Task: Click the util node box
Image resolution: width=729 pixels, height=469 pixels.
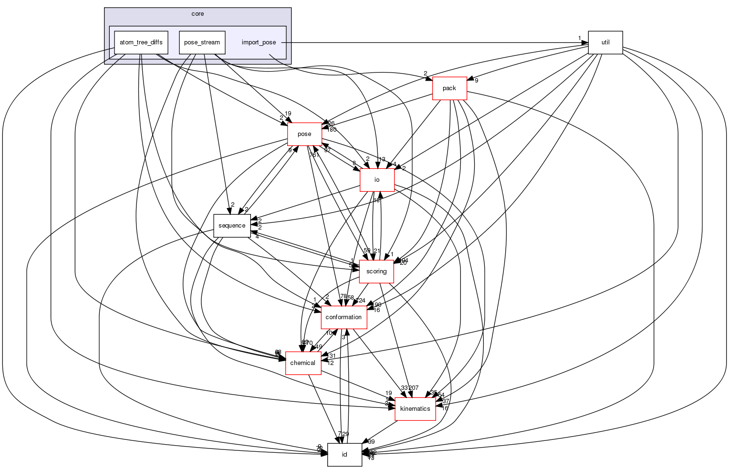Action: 605,42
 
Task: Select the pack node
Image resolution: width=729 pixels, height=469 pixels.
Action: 449,88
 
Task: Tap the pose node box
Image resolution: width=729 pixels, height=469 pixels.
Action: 304,134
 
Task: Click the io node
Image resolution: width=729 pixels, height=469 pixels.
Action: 377,180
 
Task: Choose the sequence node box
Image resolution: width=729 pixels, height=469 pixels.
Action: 232,226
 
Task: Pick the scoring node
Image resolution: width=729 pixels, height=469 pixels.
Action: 376,271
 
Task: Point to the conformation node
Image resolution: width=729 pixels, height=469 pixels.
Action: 344,317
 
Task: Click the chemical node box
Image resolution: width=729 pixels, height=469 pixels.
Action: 302,363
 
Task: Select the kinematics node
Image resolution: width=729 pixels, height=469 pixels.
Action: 415,409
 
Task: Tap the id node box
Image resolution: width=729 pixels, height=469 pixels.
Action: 344,455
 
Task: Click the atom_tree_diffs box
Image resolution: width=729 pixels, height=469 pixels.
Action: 141,42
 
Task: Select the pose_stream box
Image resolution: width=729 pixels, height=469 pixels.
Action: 202,42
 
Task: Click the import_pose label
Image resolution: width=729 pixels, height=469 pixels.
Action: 259,42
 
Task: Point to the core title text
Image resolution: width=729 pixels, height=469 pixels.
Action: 198,14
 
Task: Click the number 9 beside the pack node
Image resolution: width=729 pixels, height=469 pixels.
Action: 476,81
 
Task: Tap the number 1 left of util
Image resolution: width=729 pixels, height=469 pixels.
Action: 579,38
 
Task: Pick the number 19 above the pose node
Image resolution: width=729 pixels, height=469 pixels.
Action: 288,114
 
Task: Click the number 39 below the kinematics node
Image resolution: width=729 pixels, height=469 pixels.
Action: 371,442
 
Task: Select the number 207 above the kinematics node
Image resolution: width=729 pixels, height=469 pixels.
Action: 413,388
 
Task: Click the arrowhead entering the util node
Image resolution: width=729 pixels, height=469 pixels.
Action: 585,42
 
